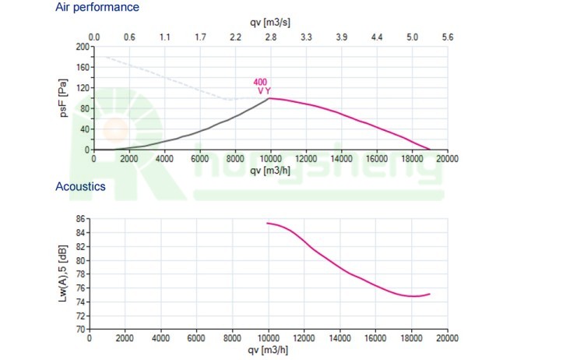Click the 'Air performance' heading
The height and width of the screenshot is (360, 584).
[x=97, y=7]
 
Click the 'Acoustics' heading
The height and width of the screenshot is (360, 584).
[x=80, y=187]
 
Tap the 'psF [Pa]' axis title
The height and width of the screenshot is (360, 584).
[x=65, y=97]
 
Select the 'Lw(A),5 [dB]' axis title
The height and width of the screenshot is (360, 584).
[x=62, y=274]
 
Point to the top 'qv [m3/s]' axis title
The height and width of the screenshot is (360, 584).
[x=270, y=23]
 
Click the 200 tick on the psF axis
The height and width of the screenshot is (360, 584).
[x=81, y=47]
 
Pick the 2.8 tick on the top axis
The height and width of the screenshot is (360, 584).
[x=270, y=37]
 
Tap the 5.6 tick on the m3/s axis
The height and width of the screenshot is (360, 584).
[x=447, y=37]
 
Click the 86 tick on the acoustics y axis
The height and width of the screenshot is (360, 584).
[x=81, y=219]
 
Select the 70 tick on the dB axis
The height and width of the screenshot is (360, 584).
[x=81, y=330]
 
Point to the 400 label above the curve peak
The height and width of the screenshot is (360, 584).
[x=261, y=82]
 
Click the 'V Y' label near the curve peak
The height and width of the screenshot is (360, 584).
[x=264, y=91]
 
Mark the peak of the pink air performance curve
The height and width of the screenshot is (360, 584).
[x=270, y=98]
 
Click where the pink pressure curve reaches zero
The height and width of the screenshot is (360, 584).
[x=429, y=149]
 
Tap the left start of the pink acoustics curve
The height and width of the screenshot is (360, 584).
[x=268, y=224]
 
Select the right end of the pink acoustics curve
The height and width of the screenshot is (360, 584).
[x=429, y=294]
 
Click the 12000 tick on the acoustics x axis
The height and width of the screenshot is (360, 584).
[x=304, y=339]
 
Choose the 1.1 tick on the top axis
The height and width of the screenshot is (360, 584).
[x=165, y=37]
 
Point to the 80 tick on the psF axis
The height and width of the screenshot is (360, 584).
[x=83, y=108]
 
